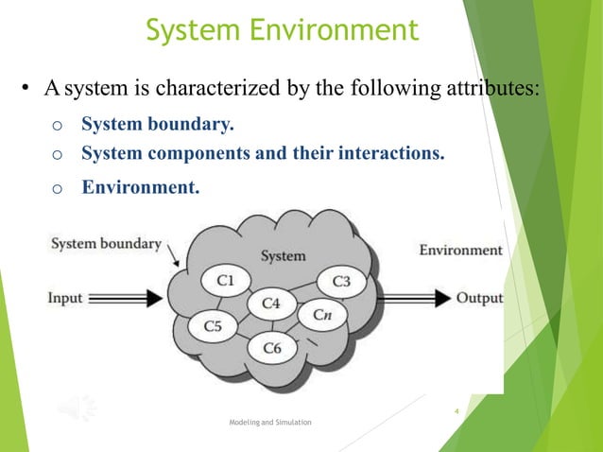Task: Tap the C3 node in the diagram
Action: point(341,281)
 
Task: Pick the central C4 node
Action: point(271,304)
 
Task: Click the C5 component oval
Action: point(213,326)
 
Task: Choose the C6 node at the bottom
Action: point(271,348)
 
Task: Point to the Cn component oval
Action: point(320,314)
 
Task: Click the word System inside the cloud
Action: point(283,255)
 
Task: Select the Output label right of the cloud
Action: point(479,298)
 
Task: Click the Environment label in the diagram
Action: point(460,250)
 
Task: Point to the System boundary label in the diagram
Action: point(106,244)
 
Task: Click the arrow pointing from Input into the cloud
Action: point(142,299)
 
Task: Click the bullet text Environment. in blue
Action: point(141,186)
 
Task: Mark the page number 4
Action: point(456,411)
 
